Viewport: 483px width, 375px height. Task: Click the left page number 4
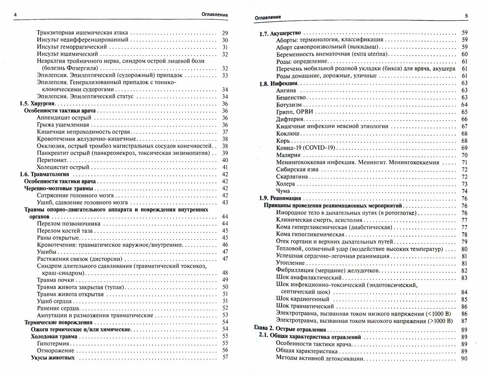tap(16, 16)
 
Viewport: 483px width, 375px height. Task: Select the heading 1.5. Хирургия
tap(38, 104)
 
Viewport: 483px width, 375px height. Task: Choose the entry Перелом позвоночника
tap(69, 224)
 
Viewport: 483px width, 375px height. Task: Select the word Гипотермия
tap(54, 343)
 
